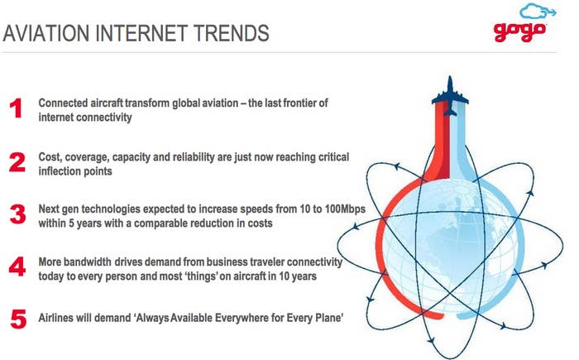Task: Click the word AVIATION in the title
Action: (45, 33)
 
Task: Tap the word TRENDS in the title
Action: (232, 33)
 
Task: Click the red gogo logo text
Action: (519, 31)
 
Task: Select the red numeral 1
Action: (16, 108)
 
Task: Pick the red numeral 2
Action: (17, 162)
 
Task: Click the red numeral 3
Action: (17, 214)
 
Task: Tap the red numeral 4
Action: (17, 266)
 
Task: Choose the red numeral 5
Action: (18, 319)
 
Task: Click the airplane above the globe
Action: (450, 96)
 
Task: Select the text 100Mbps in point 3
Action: (345, 209)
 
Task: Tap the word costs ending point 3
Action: (261, 223)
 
